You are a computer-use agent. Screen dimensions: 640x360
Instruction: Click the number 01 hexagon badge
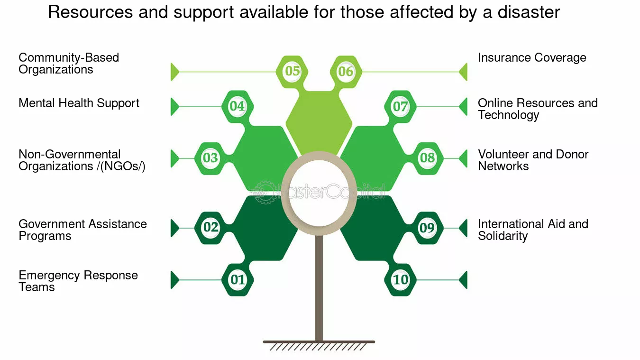click(x=238, y=280)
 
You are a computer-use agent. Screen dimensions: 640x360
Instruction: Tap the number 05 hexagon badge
click(x=292, y=72)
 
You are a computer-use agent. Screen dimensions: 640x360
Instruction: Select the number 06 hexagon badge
click(x=346, y=72)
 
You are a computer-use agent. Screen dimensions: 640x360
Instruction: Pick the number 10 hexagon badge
click(x=400, y=280)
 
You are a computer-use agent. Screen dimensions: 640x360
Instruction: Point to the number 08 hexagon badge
click(x=428, y=158)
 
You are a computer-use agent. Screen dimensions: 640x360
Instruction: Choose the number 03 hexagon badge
click(x=210, y=158)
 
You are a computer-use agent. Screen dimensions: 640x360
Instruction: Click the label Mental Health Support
click(x=79, y=103)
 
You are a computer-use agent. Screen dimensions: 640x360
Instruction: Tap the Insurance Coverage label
click(x=532, y=58)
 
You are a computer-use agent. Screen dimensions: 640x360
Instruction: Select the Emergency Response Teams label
click(x=78, y=281)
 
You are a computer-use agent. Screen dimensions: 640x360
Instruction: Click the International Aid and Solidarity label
click(x=533, y=230)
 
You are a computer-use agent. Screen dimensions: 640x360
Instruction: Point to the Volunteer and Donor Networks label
click(x=533, y=160)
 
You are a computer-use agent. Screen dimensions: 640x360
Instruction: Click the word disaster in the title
click(x=529, y=12)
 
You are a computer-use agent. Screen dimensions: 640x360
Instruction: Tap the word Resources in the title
click(x=90, y=12)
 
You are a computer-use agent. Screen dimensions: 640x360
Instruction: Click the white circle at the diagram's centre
click(x=319, y=193)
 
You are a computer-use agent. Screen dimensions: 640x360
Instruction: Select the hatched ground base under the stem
click(x=319, y=345)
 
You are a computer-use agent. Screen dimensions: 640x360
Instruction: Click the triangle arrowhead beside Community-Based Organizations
click(x=174, y=72)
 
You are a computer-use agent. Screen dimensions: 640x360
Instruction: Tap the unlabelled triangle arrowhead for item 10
click(x=463, y=280)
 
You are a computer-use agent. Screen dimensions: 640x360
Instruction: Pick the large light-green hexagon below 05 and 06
click(x=319, y=123)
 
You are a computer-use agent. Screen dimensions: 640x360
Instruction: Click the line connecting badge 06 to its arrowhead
click(x=411, y=72)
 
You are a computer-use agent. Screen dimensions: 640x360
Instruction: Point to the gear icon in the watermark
click(x=265, y=192)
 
